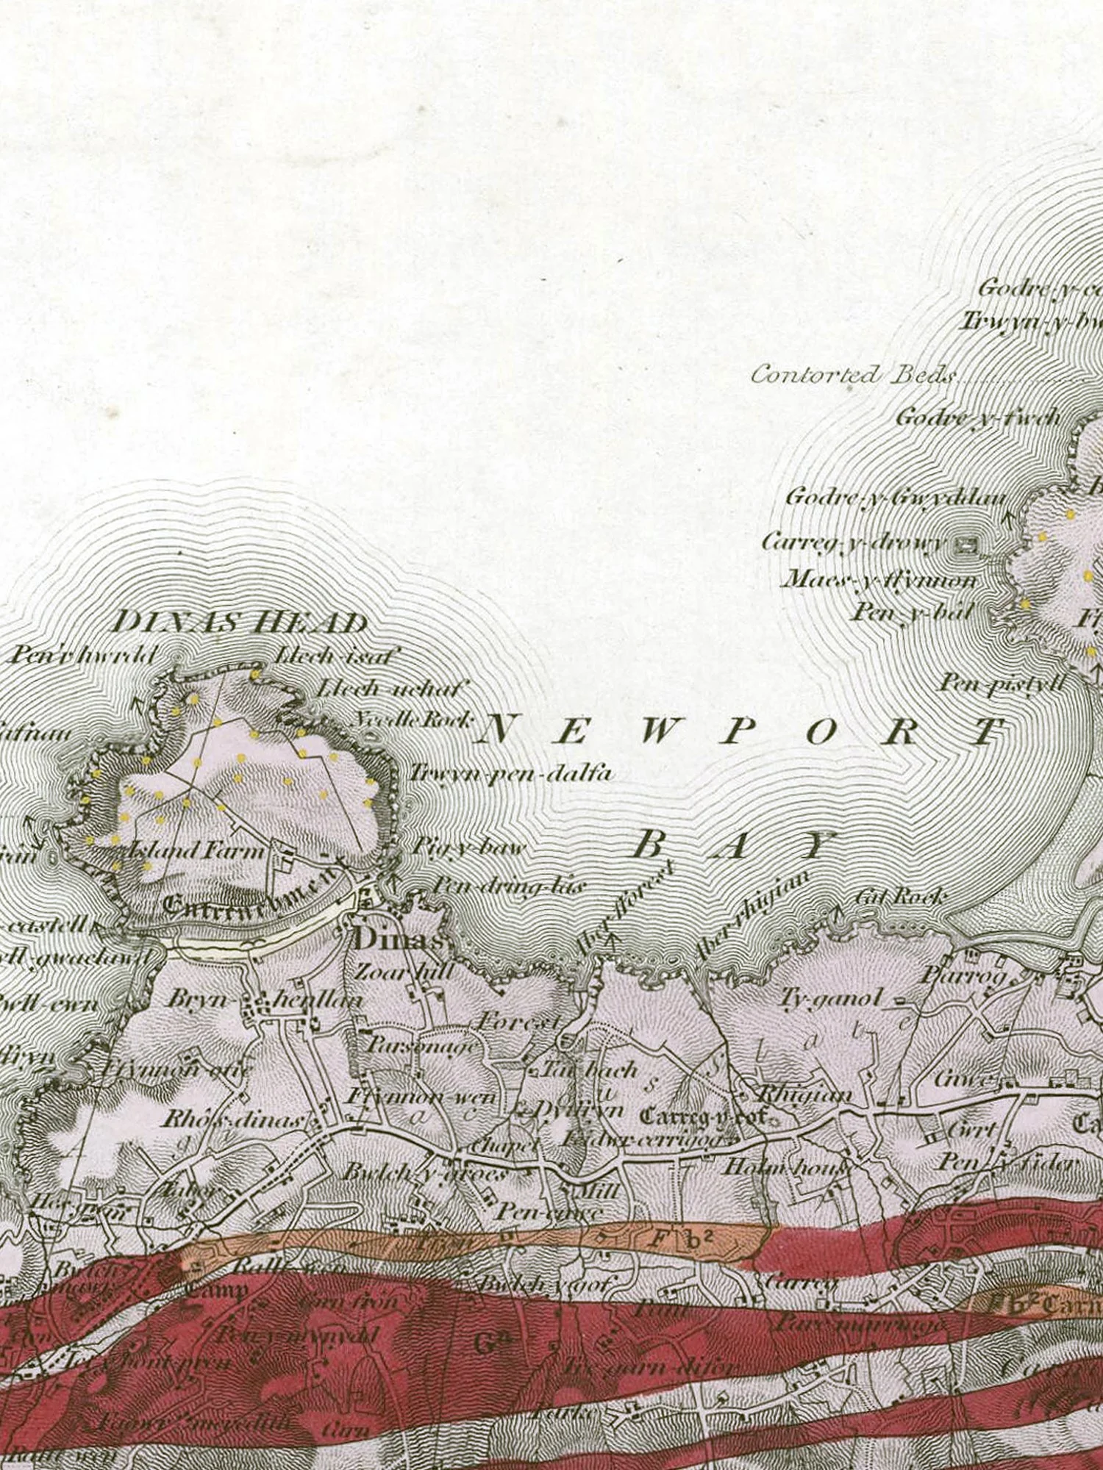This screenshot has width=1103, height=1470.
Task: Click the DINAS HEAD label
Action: click(x=240, y=623)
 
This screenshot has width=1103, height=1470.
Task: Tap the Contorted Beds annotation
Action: click(x=853, y=376)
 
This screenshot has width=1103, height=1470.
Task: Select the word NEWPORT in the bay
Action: click(x=743, y=731)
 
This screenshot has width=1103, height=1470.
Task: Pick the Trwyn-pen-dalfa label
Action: click(x=510, y=773)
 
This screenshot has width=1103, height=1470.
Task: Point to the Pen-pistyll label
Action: click(x=1002, y=683)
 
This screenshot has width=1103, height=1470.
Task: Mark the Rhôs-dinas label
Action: click(x=232, y=1120)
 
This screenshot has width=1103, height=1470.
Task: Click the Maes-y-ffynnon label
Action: click(x=879, y=580)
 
